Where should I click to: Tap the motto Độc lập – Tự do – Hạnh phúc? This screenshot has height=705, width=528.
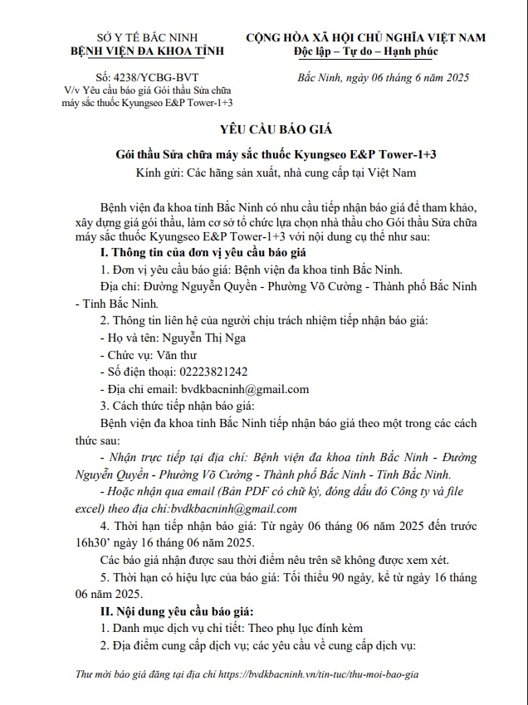[366, 52]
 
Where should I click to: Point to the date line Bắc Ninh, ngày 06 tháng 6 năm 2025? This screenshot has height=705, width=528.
[383, 78]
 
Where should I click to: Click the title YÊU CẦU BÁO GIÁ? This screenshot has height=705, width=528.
[263, 131]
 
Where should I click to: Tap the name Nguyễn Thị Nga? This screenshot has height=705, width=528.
[206, 338]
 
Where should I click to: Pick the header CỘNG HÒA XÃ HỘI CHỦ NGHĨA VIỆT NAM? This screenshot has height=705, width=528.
[366, 38]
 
